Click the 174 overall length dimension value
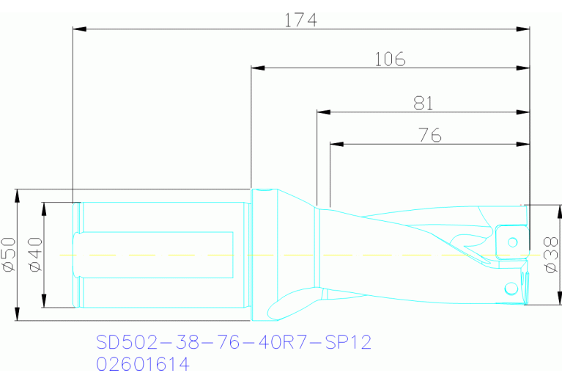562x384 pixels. click(x=300, y=20)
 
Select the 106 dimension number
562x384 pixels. click(x=390, y=59)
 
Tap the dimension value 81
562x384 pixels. click(x=424, y=104)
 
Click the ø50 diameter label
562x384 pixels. click(x=10, y=255)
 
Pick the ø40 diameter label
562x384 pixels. click(x=36, y=255)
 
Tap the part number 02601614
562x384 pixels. click(x=143, y=364)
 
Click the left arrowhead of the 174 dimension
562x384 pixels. click(x=80, y=29)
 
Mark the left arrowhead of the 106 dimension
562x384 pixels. click(x=257, y=68)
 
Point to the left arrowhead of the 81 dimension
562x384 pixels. click(x=322, y=112)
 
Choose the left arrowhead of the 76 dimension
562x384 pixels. click(x=336, y=143)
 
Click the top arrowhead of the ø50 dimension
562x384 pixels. click(x=16, y=195)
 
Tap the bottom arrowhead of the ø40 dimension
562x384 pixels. click(x=44, y=303)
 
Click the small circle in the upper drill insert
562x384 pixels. click(x=513, y=242)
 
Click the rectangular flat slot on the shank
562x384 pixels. click(x=154, y=255)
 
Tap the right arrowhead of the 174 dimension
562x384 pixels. click(x=523, y=29)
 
